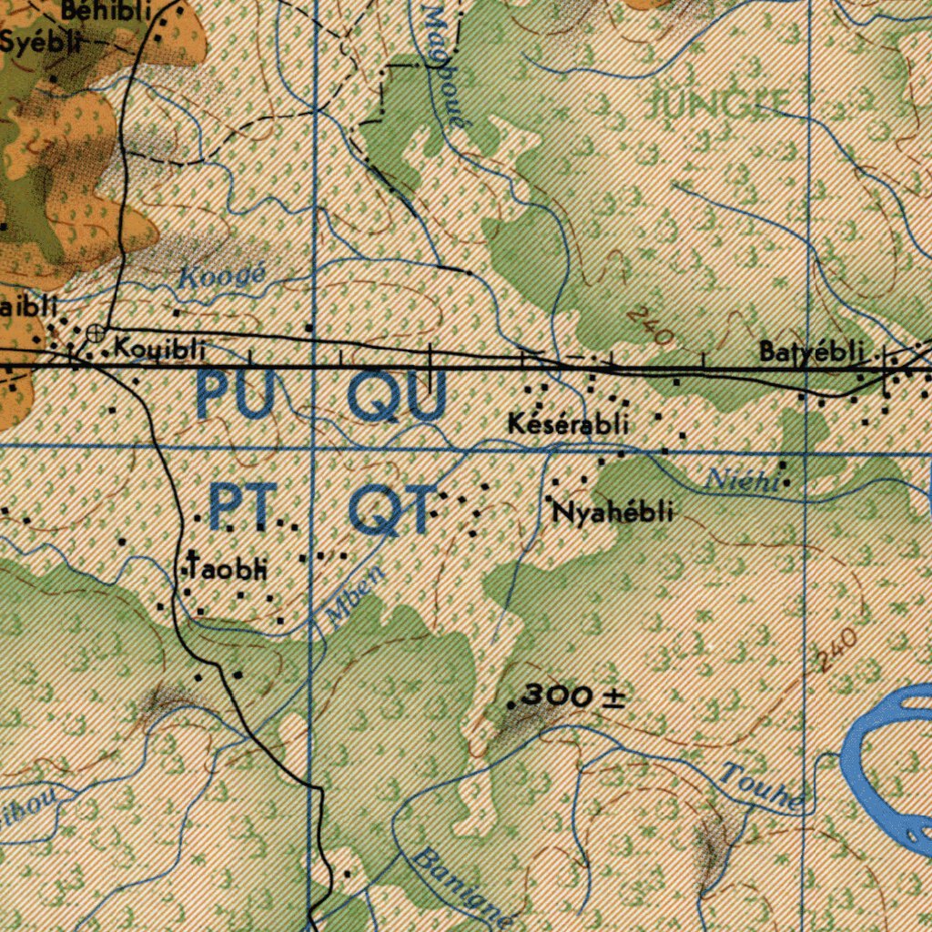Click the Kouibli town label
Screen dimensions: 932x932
point(160,349)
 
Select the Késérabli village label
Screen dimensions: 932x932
point(569,423)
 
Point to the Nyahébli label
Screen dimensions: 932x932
point(613,512)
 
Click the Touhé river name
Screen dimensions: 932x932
point(763,788)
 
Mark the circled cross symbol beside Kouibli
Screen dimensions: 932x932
point(95,334)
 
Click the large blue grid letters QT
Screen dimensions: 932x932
point(390,511)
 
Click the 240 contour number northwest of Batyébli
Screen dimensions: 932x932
point(650,326)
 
